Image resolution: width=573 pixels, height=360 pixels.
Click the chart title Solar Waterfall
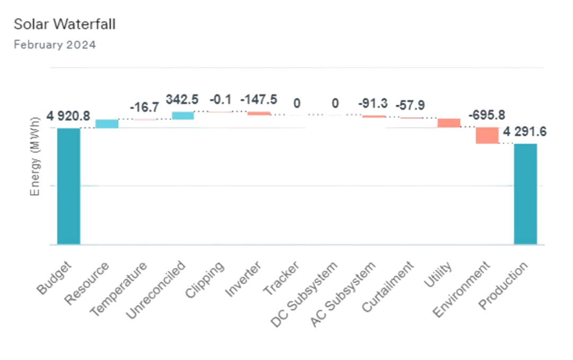[x=64, y=24]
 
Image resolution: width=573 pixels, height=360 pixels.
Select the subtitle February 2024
[x=54, y=45]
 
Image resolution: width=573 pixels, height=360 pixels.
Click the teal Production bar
[x=525, y=194]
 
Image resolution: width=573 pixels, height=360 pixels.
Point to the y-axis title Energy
[x=36, y=159]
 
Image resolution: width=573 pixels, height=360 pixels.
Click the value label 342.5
[x=182, y=99]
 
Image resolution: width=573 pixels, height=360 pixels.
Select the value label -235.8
[x=487, y=115]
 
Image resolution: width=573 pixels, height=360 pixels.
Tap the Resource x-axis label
[x=88, y=284]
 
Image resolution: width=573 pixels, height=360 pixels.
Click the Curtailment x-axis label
[x=387, y=287]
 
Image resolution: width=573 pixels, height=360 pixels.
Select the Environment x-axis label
[x=461, y=289]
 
